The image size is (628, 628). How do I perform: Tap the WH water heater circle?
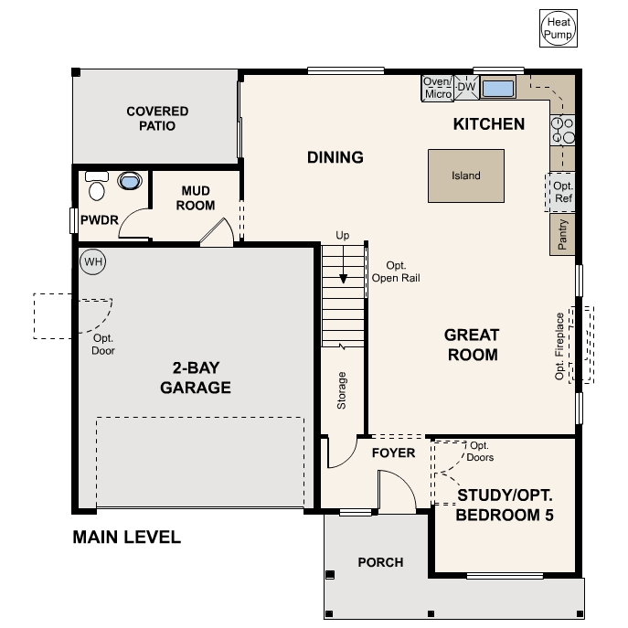pos(92,262)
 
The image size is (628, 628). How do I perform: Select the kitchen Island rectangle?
pos(465,176)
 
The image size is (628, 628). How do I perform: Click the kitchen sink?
pos(498,89)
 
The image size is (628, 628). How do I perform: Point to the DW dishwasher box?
pos(466,87)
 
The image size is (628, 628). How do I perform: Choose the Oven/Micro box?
pos(438,88)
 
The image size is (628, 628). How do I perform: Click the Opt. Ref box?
pos(562,192)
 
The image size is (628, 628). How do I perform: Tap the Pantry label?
pos(562,235)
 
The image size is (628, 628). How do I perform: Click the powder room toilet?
pos(97,187)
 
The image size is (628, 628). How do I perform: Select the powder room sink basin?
pos(131,181)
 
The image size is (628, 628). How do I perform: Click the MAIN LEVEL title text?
pos(126,538)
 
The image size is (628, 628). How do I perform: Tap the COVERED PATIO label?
pos(157,119)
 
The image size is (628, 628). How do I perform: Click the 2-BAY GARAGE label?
pos(196,378)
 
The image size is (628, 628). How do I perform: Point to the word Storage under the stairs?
pos(342,389)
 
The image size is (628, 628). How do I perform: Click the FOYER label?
pos(393,452)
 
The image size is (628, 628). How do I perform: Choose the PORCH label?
pos(379,562)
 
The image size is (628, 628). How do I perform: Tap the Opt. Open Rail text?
pos(397,271)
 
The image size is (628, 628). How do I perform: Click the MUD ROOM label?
pos(196,197)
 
